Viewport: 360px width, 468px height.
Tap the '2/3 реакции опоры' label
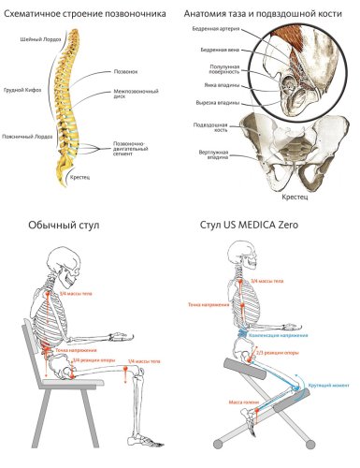pos(279,354)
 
